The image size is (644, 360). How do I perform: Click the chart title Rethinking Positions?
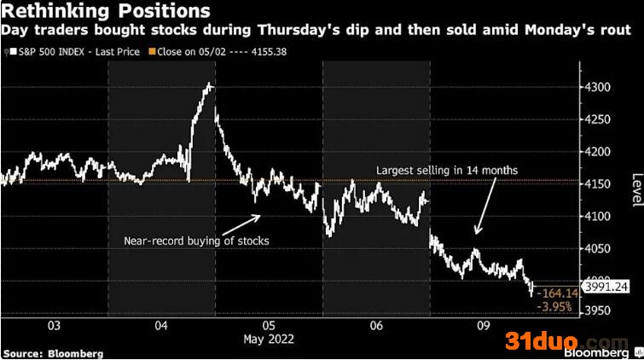tap(106, 10)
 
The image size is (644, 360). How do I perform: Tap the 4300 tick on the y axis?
tap(598, 88)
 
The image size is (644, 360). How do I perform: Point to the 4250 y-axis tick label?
tap(598, 119)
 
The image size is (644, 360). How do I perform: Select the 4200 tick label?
tap(598, 152)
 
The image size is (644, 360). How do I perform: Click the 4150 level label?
tap(598, 184)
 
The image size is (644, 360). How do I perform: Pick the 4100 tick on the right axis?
tap(598, 216)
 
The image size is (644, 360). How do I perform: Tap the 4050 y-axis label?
tap(598, 248)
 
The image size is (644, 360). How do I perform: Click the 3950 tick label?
tap(598, 311)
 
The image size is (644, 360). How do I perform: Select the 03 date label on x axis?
tap(54, 326)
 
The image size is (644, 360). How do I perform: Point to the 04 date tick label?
tap(161, 326)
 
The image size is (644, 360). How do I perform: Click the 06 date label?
tap(376, 326)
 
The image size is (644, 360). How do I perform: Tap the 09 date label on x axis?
tap(484, 326)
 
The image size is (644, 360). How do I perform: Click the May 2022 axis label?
tap(269, 339)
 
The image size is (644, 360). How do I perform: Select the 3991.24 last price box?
tap(606, 287)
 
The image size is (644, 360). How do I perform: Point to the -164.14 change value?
tap(558, 293)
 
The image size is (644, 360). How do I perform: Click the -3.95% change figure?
tap(554, 306)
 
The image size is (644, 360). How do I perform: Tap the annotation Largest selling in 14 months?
tap(447, 170)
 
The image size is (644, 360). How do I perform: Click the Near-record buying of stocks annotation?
tap(196, 241)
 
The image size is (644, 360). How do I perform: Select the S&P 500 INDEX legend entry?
tap(75, 52)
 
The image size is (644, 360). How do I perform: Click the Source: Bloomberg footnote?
tap(53, 354)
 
